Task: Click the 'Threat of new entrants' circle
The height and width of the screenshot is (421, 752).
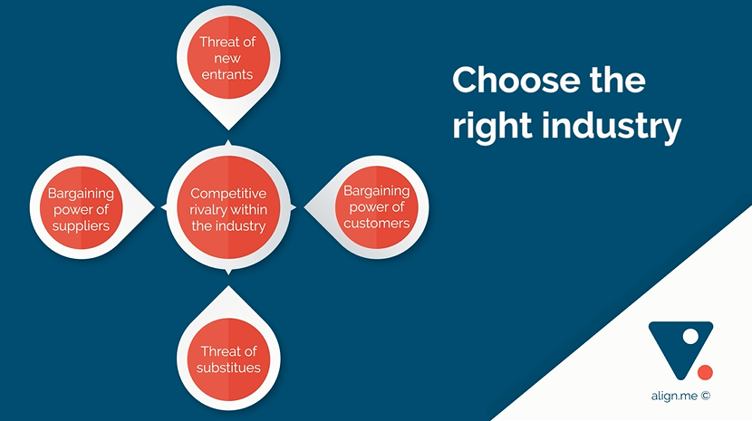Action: click(x=228, y=58)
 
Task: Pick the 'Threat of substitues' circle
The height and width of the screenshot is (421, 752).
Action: click(x=228, y=359)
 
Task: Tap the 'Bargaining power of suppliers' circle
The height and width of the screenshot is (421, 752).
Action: click(x=81, y=207)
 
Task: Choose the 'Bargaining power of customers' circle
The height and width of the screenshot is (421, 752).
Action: click(x=377, y=207)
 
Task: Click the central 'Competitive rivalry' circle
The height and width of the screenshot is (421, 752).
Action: click(x=228, y=207)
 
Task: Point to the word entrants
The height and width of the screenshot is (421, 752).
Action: click(x=227, y=75)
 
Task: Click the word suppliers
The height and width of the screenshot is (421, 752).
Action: click(x=81, y=226)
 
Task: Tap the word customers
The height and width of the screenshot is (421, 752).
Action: click(x=377, y=224)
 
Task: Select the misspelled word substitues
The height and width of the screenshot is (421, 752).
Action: click(x=228, y=368)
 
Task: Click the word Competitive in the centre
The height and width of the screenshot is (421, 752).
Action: click(x=228, y=193)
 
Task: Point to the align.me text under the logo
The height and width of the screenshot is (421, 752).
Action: click(x=674, y=396)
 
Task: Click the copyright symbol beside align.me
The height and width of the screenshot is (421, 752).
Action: click(x=705, y=396)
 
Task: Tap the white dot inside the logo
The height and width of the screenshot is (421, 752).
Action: click(x=690, y=337)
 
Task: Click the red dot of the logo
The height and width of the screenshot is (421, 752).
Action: click(x=705, y=372)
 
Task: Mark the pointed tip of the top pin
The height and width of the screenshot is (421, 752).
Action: click(x=228, y=129)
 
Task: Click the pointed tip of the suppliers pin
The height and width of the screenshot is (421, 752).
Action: click(x=154, y=207)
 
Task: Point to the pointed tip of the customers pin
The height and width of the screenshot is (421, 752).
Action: click(x=304, y=207)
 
